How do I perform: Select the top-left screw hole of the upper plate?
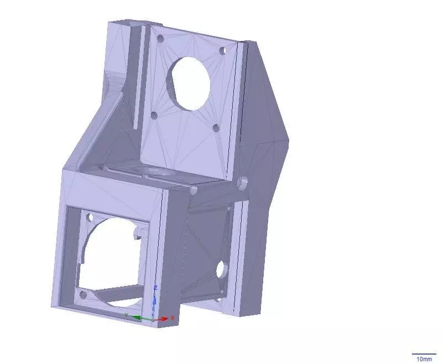(160, 40)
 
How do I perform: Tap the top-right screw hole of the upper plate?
(222, 50)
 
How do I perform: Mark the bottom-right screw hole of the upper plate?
(216, 128)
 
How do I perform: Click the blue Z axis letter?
(156, 288)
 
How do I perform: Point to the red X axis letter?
(173, 318)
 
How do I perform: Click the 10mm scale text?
(424, 359)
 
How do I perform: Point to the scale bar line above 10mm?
(424, 353)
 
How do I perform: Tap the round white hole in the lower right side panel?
(221, 269)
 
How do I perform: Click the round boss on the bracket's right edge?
(242, 182)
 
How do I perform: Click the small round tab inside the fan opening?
(136, 235)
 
